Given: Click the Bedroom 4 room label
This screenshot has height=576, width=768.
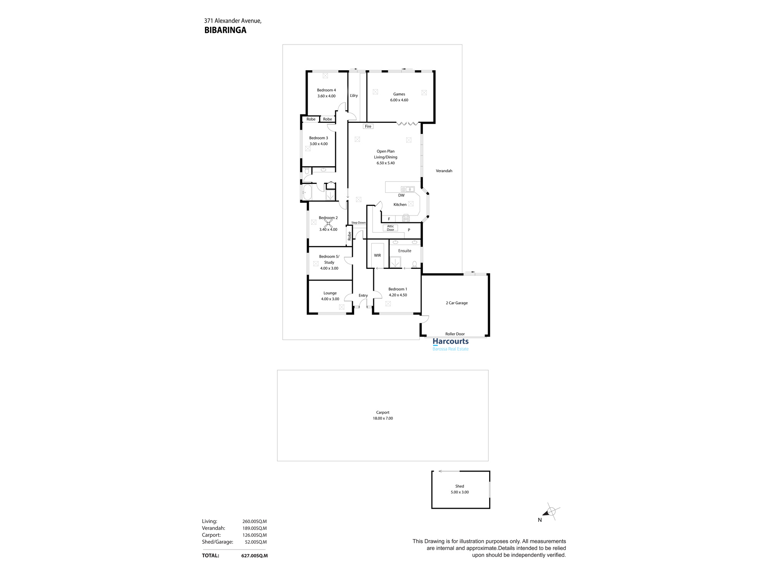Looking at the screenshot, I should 326,90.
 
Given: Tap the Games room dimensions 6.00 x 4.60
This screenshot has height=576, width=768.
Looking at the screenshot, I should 399,100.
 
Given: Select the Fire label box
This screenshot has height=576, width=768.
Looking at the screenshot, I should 368,126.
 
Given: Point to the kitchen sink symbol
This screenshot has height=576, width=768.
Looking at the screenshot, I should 407,189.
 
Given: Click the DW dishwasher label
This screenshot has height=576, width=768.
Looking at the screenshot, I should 401,195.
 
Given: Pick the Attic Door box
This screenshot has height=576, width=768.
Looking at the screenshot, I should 390,228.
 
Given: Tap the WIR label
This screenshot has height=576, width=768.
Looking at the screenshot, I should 377,255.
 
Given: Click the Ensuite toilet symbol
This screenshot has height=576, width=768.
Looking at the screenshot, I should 414,264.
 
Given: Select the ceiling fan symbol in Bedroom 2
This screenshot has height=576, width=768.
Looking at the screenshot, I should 328,223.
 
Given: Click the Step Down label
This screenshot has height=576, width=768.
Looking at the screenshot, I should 359,223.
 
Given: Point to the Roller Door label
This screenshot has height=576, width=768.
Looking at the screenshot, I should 455,334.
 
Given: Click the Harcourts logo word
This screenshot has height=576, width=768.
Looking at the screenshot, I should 450,341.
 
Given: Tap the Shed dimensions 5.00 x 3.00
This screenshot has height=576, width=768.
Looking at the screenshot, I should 460,492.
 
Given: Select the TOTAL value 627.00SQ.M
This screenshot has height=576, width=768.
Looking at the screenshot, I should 254,556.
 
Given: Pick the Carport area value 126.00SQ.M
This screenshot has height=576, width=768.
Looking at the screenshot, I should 254,535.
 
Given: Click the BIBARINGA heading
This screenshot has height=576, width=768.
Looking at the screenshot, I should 225,30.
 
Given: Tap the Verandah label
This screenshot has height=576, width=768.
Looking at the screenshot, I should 444,171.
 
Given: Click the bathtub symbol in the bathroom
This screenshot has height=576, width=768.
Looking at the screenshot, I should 307,192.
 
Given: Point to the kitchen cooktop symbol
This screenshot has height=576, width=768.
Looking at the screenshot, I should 406,219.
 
